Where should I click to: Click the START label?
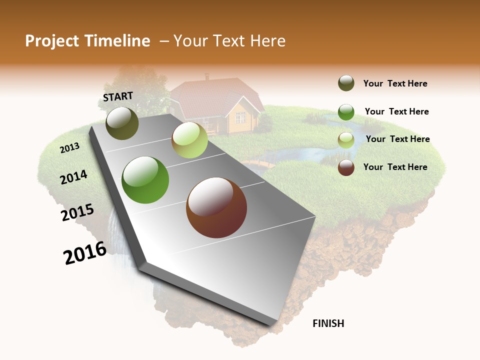(118, 96)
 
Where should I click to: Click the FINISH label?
(328, 323)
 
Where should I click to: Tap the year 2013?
(70, 147)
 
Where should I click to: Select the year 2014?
(74, 177)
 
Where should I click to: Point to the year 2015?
(77, 212)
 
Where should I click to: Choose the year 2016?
(85, 253)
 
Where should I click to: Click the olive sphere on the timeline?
(122, 123)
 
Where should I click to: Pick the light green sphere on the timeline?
(189, 140)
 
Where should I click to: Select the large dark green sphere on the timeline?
(145, 180)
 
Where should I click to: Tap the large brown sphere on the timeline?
(216, 207)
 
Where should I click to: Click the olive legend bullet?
(346, 83)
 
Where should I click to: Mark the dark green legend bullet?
(346, 112)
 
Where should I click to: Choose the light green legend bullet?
(346, 140)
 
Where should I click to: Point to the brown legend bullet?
(346, 167)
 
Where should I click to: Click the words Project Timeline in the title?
(87, 41)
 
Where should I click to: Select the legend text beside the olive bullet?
(395, 84)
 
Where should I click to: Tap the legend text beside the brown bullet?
(395, 167)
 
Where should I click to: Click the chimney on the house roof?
(207, 77)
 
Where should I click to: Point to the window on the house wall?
(240, 118)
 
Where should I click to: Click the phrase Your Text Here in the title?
(229, 41)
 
